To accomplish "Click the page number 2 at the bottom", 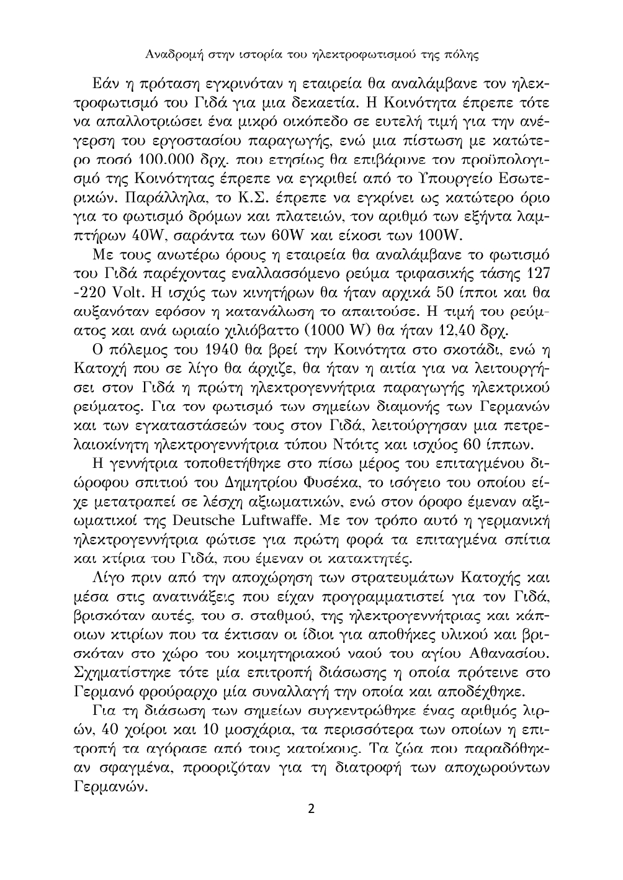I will pos(311,809).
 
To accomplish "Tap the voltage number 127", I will pos(537,274).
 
